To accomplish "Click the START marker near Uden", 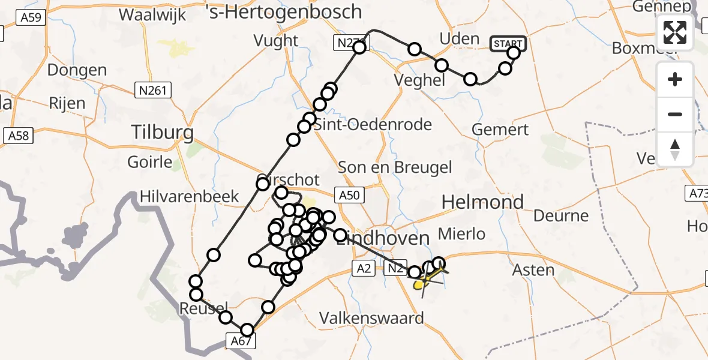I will click(x=508, y=43).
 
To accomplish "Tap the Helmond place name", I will click(x=482, y=202).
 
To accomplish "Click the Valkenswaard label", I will click(x=371, y=317).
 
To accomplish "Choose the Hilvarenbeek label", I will click(x=190, y=196).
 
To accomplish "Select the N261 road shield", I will click(x=152, y=91).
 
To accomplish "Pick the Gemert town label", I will click(x=500, y=129).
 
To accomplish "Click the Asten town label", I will click(x=533, y=270).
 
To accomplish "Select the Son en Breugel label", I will click(x=395, y=167).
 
